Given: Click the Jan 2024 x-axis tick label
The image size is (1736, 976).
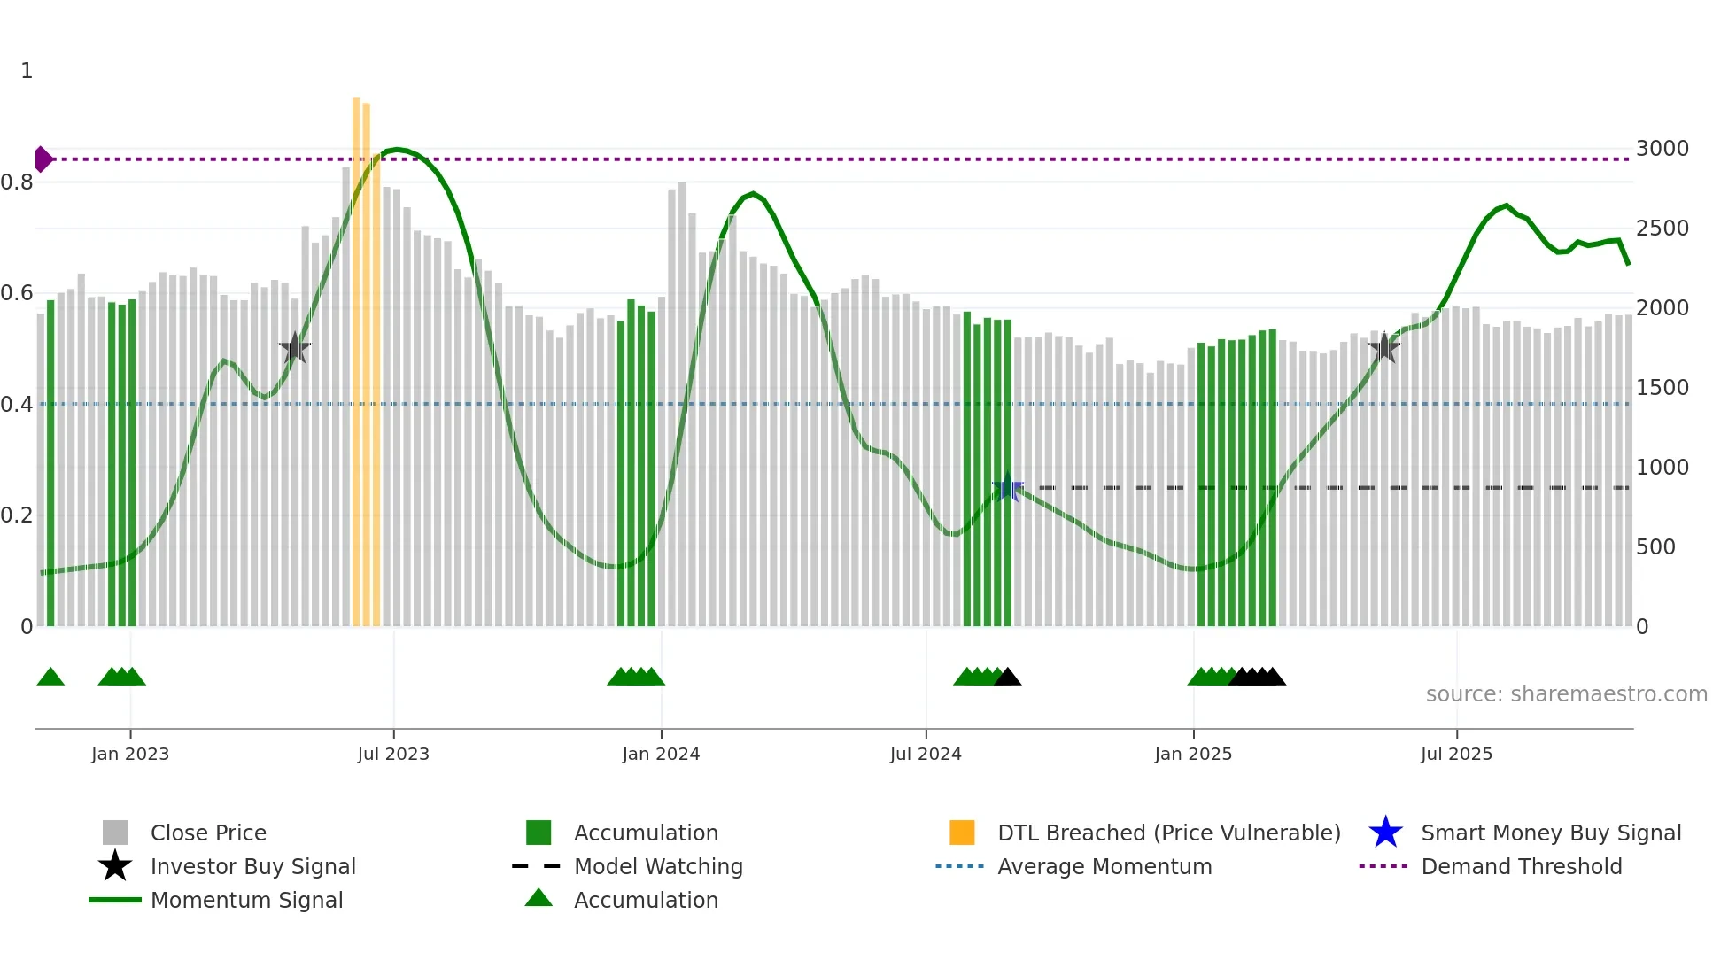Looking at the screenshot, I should pyautogui.click(x=661, y=754).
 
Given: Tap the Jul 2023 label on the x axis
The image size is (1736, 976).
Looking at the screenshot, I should pyautogui.click(x=393, y=754).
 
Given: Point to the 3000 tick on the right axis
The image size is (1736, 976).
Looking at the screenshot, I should pyautogui.click(x=1662, y=149).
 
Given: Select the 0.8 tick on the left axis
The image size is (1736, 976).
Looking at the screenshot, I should pyautogui.click(x=17, y=182).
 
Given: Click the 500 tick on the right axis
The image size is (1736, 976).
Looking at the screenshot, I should pyautogui.click(x=1655, y=547).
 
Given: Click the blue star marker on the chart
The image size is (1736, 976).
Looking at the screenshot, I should pyautogui.click(x=1007, y=487).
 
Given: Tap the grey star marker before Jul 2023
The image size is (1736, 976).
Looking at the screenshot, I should pyautogui.click(x=295, y=348).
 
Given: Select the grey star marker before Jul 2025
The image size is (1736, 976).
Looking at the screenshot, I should pyautogui.click(x=1383, y=347).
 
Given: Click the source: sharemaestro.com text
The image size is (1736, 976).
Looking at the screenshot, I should pyautogui.click(x=1566, y=694).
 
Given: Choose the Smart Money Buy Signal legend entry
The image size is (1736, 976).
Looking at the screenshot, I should pyautogui.click(x=1550, y=833).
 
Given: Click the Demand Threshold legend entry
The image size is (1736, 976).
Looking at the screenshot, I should pyautogui.click(x=1521, y=867).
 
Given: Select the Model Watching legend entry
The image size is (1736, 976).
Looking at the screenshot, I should pyautogui.click(x=658, y=867).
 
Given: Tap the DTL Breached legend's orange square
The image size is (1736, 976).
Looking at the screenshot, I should pyautogui.click(x=962, y=833).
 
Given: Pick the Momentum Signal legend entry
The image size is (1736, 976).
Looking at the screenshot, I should pyautogui.click(x=246, y=901).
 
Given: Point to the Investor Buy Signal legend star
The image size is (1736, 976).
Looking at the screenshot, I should pyautogui.click(x=115, y=866).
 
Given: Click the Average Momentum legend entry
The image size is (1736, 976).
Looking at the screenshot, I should pyautogui.click(x=1104, y=867).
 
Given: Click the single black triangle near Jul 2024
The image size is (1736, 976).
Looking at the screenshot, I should pyautogui.click(x=1008, y=678).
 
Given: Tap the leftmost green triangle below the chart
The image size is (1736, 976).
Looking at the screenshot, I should pyautogui.click(x=50, y=678).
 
